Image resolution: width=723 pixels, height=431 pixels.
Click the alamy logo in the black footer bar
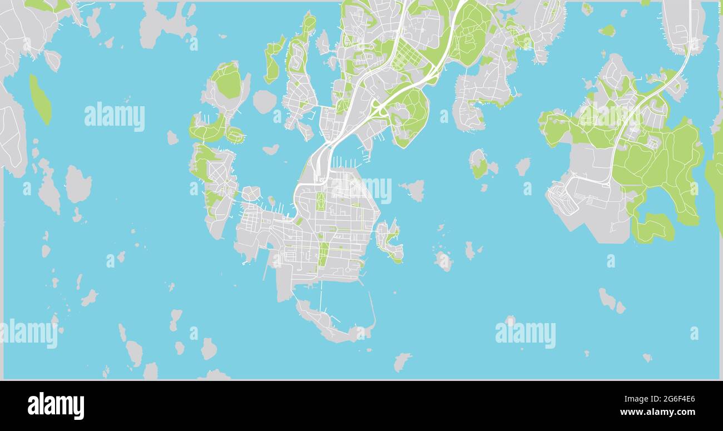pyautogui.click(x=56, y=405)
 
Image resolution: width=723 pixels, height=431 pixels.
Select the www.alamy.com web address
pyautogui.click(x=658, y=412)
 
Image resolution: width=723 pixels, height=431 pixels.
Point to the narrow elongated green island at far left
pyautogui.click(x=40, y=100)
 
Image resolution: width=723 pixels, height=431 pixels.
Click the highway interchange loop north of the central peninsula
pyautogui.click(x=380, y=110)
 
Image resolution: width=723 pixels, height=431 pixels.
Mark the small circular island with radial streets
pyautogui.click(x=251, y=194)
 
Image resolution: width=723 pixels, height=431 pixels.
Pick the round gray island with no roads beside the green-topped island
pyautogui.click(x=264, y=102)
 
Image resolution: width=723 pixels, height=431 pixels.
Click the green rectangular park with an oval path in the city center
pyautogui.click(x=320, y=201)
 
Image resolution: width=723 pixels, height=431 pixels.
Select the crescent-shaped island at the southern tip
pyautogui.click(x=328, y=325)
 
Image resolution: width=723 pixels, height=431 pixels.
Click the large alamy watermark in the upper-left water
pyautogui.click(x=115, y=117)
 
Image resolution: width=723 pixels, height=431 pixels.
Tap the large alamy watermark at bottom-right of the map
pyautogui.click(x=525, y=334)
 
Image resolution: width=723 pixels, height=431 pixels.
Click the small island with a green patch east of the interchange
pyautogui.click(x=478, y=164)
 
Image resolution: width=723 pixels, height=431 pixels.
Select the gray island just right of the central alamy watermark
pyautogui.click(x=413, y=190)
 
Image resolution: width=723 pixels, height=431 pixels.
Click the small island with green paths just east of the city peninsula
pyautogui.click(x=389, y=240)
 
